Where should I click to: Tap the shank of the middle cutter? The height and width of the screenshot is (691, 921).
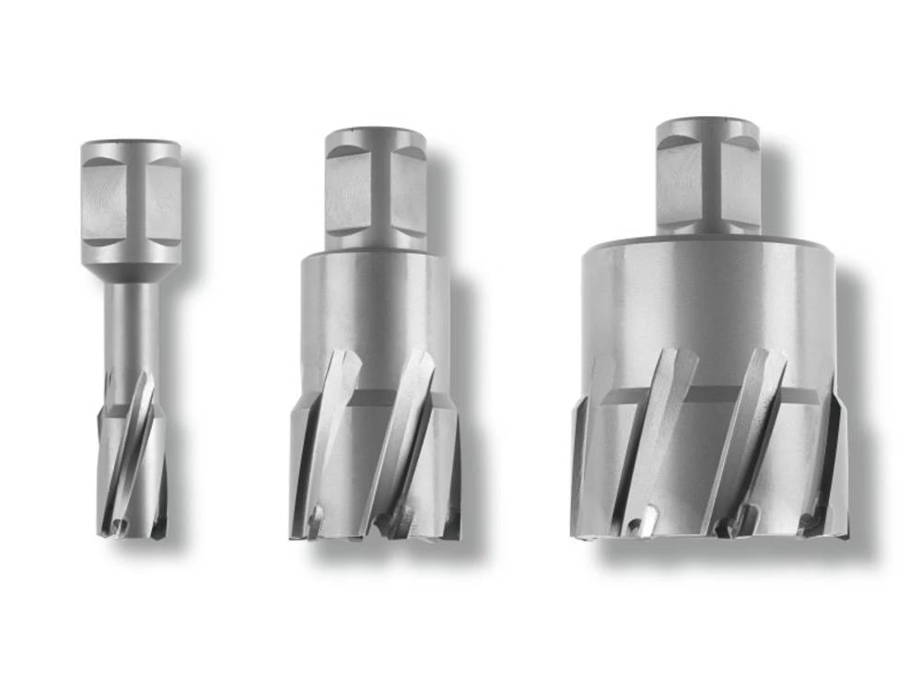[x=374, y=189]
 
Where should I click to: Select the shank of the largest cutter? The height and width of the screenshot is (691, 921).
[x=707, y=175]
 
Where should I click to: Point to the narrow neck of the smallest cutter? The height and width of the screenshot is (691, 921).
[x=132, y=322]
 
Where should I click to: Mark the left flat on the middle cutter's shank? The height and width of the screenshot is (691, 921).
[x=347, y=193]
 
